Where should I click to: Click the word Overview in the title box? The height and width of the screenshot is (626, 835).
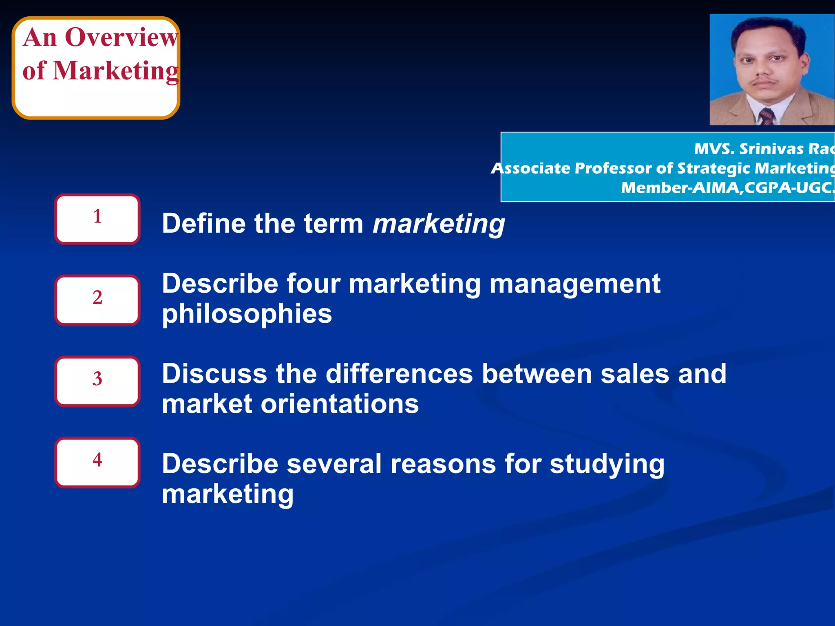pyautogui.click(x=121, y=37)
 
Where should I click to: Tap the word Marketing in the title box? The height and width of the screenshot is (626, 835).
pyautogui.click(x=116, y=71)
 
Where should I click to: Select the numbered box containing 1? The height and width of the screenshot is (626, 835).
pyautogui.click(x=97, y=219)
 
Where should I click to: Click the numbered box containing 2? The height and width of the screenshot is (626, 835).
pyautogui.click(x=97, y=300)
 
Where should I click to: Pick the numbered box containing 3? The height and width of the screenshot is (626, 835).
pyautogui.click(x=97, y=381)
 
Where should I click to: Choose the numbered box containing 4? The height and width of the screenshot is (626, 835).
pyautogui.click(x=97, y=463)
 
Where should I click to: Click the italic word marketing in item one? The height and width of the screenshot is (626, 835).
pyautogui.click(x=439, y=224)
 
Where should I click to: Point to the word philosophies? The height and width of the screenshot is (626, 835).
pyautogui.click(x=247, y=315)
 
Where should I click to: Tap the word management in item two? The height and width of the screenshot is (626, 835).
pyautogui.click(x=575, y=284)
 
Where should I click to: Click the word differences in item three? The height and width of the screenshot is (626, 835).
pyautogui.click(x=399, y=374)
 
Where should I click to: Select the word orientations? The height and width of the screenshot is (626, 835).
pyautogui.click(x=339, y=404)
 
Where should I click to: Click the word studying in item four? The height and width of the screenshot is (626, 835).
pyautogui.click(x=607, y=465)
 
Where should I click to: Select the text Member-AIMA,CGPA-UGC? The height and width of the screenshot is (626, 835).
pyautogui.click(x=727, y=188)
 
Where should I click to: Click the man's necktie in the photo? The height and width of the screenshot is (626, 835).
pyautogui.click(x=767, y=117)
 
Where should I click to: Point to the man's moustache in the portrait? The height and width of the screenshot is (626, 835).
pyautogui.click(x=763, y=82)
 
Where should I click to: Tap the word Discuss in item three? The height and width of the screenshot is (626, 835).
pyautogui.click(x=214, y=374)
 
